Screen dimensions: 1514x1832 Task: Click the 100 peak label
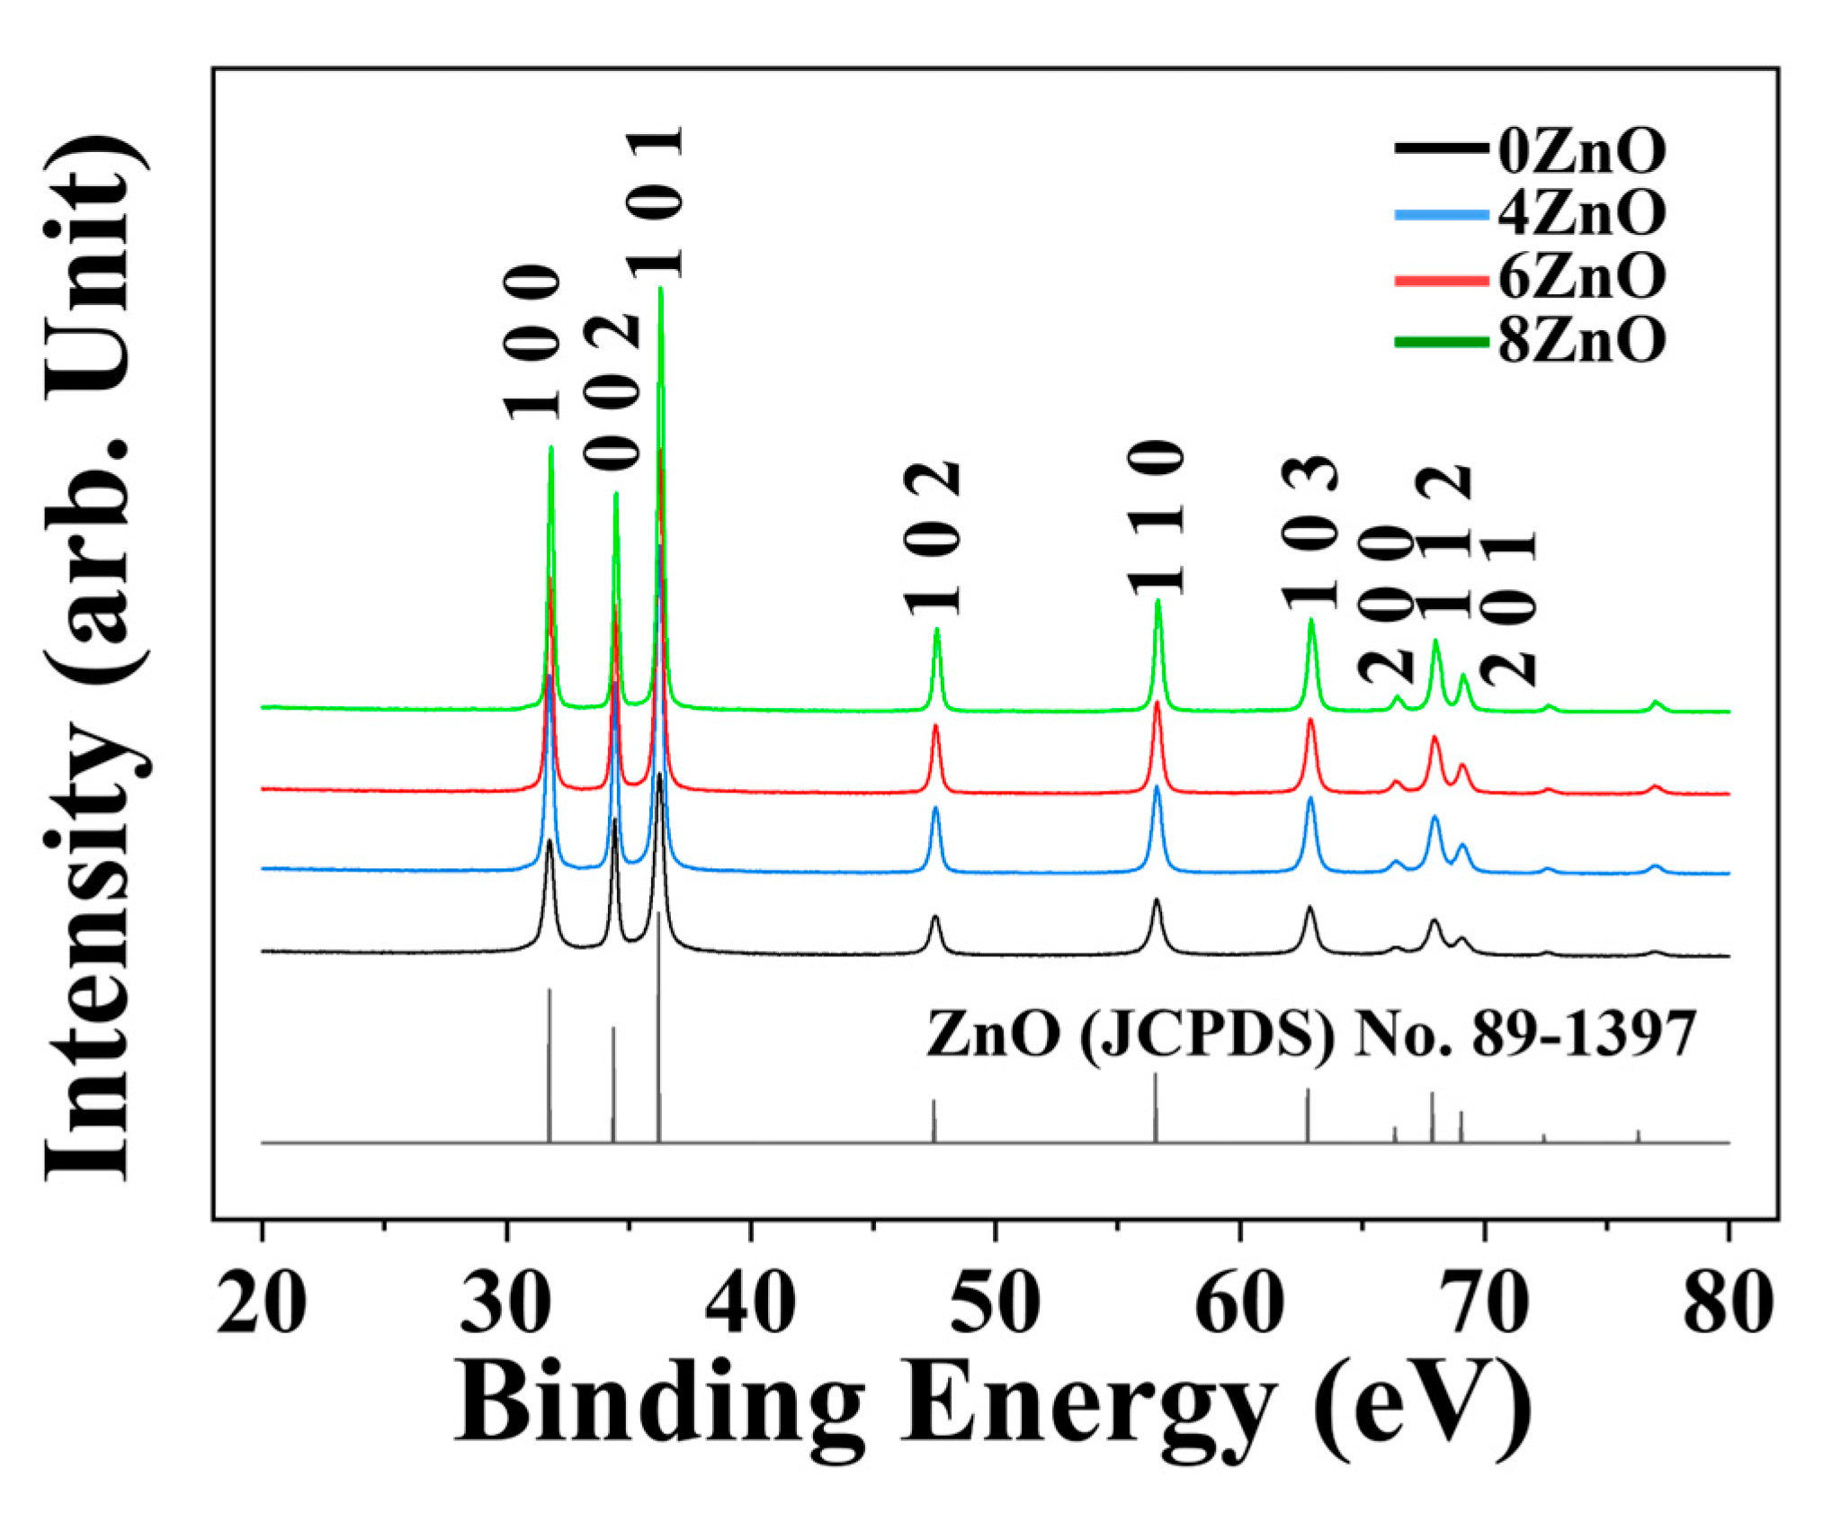tap(532, 343)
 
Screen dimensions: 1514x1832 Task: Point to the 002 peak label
tap(612, 393)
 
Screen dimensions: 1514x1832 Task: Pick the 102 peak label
tap(934, 539)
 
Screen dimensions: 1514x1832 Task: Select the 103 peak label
tap(1310, 533)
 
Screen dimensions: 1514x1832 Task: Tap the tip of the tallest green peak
tap(661, 289)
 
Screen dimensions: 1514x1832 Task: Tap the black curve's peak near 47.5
tap(935, 917)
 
